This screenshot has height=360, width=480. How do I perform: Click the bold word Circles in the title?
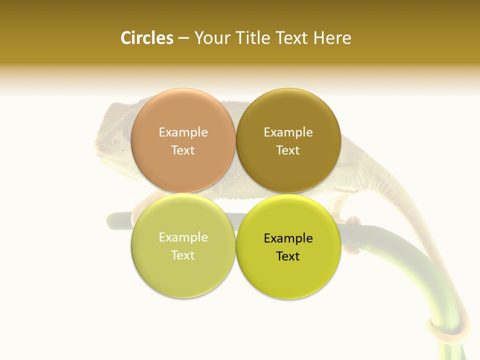tap(146, 38)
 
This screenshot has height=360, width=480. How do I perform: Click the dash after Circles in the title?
tap(183, 38)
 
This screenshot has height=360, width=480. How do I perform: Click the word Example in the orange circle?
tap(183, 132)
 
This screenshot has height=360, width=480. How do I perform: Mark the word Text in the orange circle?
tap(183, 150)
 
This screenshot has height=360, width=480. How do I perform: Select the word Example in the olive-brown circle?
tap(288, 132)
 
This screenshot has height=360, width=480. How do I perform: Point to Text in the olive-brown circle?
tap(288, 150)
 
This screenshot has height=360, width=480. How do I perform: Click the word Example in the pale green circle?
tap(183, 237)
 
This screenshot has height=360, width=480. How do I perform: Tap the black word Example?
tap(288, 238)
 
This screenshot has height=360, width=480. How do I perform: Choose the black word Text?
tap(288, 256)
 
